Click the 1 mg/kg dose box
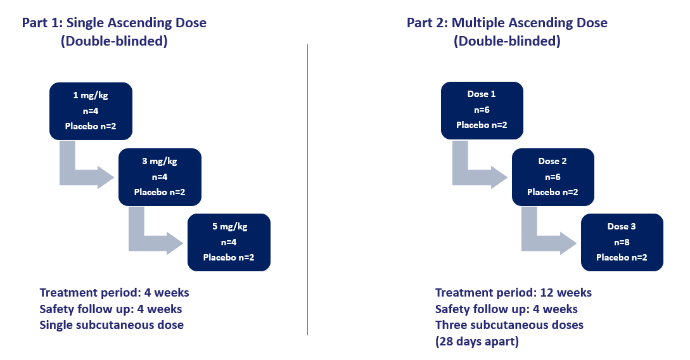91,111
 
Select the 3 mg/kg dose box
160,177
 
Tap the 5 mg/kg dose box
229,242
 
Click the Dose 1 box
482,110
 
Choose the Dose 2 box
553,177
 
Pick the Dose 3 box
622,242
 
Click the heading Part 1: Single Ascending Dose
114,23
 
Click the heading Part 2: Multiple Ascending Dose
507,23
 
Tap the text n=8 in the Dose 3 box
622,242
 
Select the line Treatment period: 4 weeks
114,293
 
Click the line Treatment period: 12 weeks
513,293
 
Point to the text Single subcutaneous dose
112,325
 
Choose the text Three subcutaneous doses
509,325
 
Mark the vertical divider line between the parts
307,190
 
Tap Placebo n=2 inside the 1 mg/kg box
91,126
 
